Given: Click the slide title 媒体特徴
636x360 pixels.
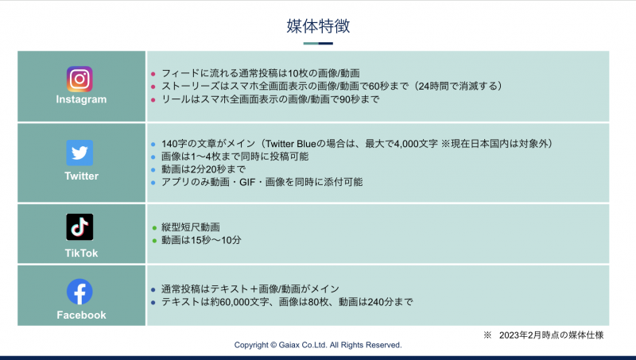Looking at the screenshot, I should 318,25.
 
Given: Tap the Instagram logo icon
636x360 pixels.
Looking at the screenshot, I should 79,79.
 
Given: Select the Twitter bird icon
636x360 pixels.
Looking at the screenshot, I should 79,153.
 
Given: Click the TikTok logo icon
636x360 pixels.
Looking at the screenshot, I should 79,227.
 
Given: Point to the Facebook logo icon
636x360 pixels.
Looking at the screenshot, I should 79,292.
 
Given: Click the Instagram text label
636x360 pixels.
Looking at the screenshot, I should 81,100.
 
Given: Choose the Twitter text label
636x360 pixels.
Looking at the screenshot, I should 81,176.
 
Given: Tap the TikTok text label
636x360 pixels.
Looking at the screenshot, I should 81,254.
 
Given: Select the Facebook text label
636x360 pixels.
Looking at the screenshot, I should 81,315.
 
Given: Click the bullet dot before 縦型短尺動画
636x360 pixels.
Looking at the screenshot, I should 153,228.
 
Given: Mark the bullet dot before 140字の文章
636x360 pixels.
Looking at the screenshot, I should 153,145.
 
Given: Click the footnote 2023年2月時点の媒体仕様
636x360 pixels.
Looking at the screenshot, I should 550,335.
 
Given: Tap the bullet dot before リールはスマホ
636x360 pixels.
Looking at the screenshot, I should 153,99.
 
